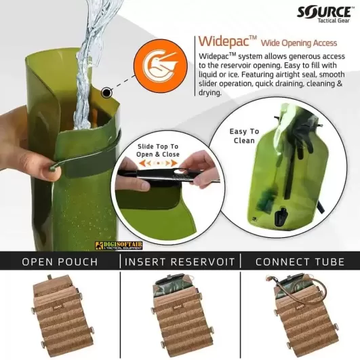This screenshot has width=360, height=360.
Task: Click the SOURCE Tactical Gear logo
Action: click(x=324, y=14)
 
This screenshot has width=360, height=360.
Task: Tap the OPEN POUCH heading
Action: click(x=59, y=262)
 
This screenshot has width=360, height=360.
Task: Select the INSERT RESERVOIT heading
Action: click(x=180, y=262)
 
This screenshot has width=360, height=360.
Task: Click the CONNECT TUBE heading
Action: click(x=300, y=262)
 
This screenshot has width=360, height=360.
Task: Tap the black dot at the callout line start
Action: click(x=106, y=91)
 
